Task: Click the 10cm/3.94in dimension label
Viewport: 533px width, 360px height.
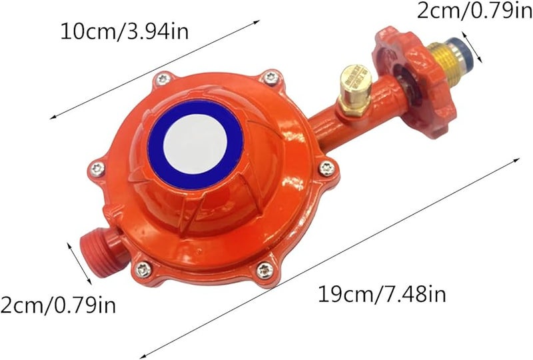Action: [x=125, y=32]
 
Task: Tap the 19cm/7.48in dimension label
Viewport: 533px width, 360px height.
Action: [x=382, y=294]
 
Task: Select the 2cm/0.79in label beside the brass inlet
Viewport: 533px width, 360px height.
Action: [x=475, y=11]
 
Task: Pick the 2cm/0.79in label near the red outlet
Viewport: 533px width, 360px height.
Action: [x=58, y=305]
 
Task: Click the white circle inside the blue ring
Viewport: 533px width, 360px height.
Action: [x=195, y=145]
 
